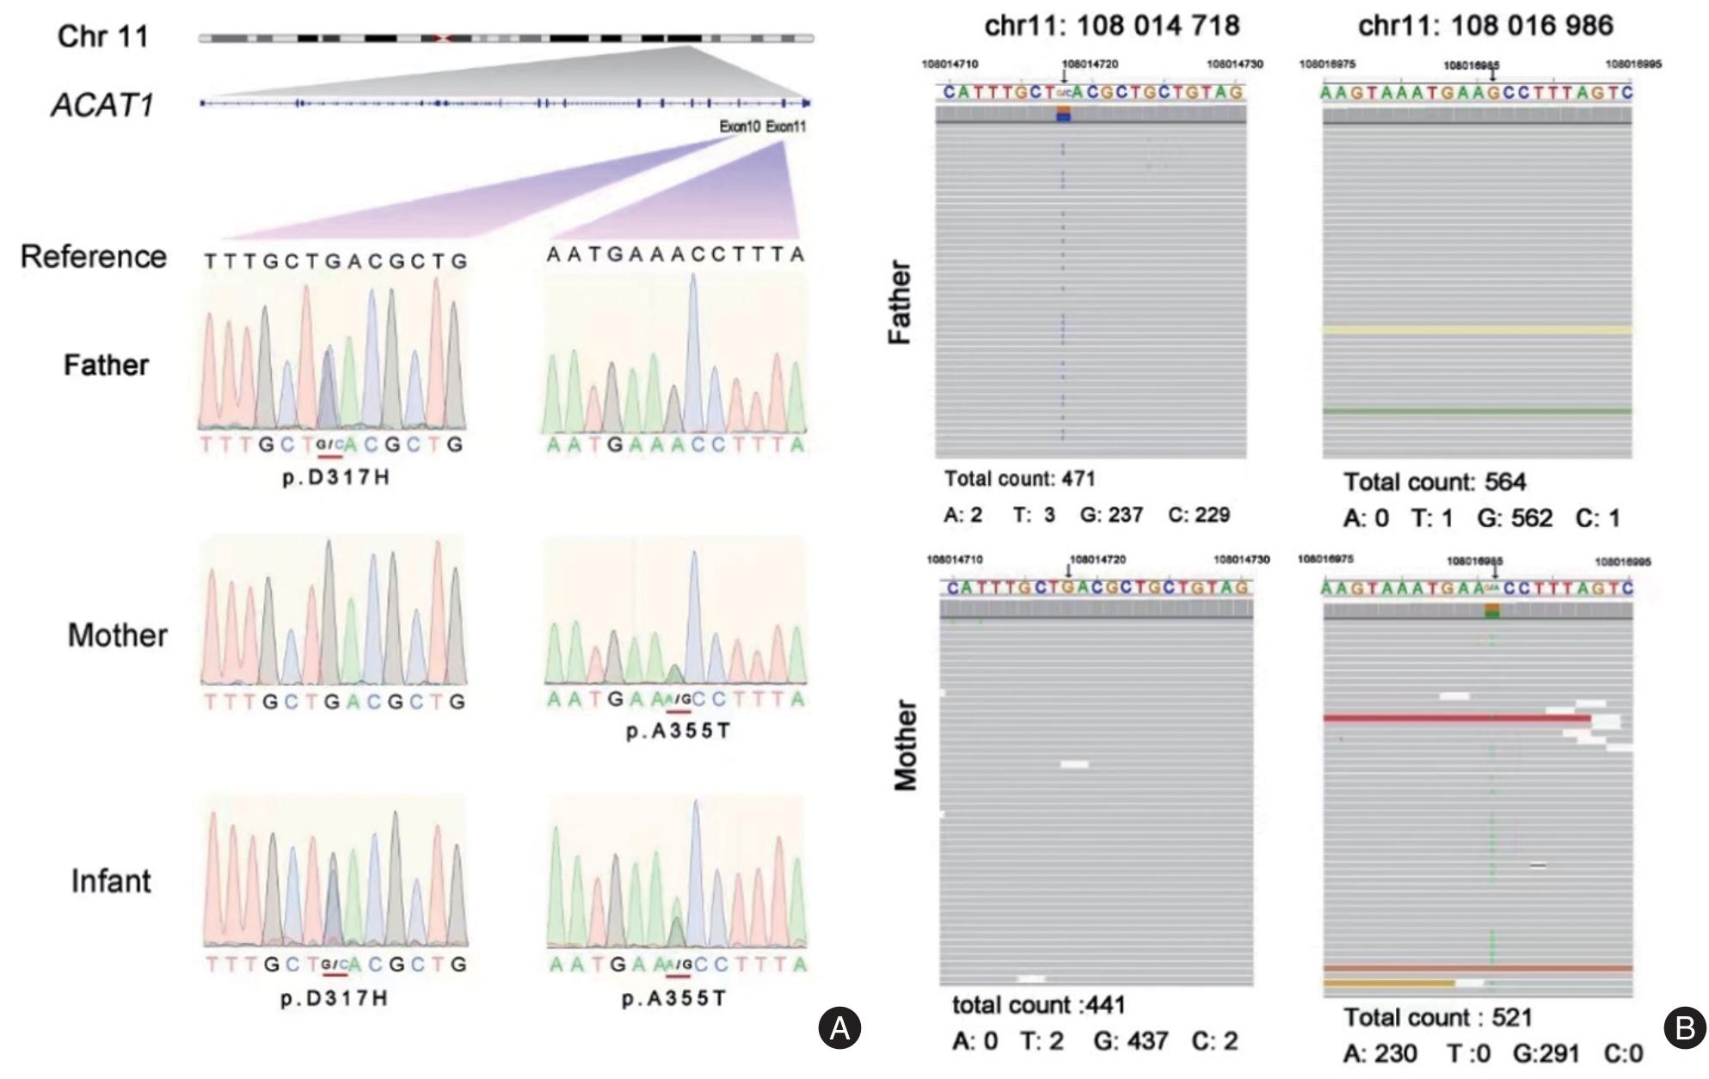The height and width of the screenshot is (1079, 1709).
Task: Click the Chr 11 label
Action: (102, 36)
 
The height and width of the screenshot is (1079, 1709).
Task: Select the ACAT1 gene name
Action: (102, 105)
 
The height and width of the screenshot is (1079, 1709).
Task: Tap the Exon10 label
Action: (740, 126)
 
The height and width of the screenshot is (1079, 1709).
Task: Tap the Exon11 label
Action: (786, 126)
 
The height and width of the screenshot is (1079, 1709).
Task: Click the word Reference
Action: (94, 256)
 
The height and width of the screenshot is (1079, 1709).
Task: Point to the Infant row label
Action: (110, 881)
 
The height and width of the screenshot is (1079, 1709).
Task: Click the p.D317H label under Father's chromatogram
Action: (336, 477)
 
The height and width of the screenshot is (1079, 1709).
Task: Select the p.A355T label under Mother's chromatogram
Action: (679, 731)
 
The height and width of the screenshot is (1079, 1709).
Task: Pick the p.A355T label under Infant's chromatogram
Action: (674, 998)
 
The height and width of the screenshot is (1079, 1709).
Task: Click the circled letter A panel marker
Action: (839, 1027)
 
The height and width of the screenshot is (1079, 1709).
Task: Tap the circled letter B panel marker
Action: (1684, 1027)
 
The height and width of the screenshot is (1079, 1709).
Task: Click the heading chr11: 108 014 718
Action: (1112, 26)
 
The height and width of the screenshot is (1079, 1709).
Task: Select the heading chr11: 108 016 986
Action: (1485, 26)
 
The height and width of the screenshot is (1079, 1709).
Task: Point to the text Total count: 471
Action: (1019, 479)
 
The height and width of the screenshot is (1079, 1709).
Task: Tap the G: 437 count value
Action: (1130, 1041)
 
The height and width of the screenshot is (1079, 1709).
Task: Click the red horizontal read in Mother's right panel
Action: (1454, 717)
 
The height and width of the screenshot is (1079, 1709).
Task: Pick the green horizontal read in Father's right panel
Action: (1476, 412)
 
